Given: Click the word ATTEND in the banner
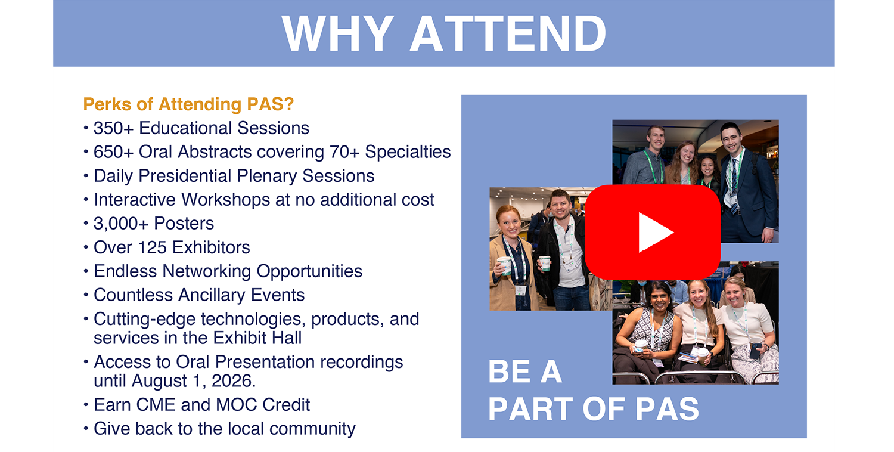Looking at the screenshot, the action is coord(508,33).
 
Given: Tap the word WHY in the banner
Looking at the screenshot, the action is coord(338,33).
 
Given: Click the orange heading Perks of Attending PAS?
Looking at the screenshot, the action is coord(188,104).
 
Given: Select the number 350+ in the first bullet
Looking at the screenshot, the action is coord(113,128).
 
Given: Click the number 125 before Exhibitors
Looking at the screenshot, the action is coord(152,247).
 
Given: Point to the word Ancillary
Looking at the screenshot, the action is coord(212,296).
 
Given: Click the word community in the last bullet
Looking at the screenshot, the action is coord(312,429).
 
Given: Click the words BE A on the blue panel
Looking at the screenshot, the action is coord(525,371).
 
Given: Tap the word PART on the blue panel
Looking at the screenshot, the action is coord(531,409).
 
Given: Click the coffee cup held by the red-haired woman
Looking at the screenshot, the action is coord(505,265).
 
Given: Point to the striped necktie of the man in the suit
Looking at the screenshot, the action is coord(734,185).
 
